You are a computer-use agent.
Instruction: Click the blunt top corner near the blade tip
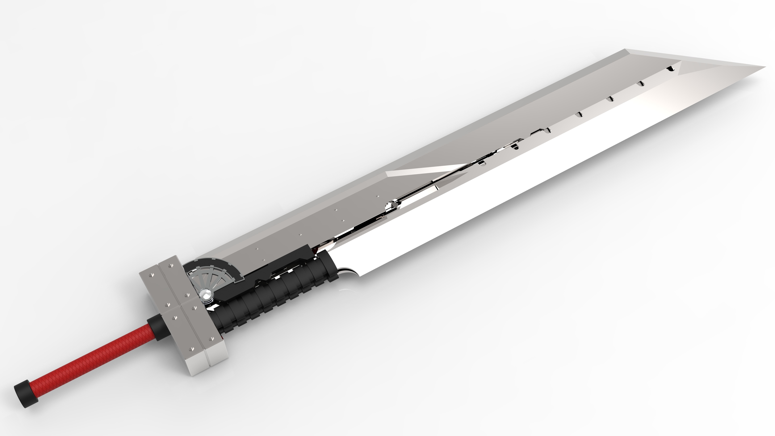pos(626,50)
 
